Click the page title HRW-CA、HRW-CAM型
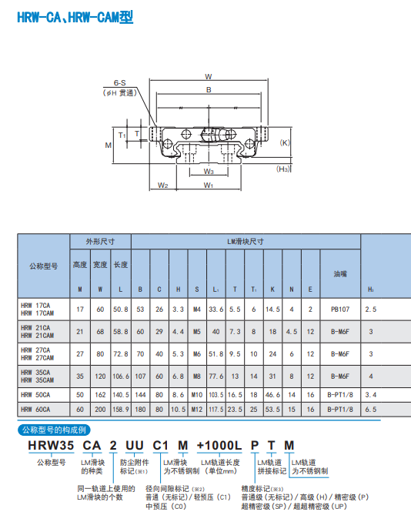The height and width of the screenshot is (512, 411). coord(75,17)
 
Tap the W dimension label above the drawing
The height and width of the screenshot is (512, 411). coord(209,77)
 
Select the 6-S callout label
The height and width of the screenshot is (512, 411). coord(119,83)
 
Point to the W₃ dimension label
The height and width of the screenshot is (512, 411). coord(209,172)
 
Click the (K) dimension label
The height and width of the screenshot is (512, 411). coord(285,142)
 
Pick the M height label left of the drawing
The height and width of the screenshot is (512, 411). coord(108,146)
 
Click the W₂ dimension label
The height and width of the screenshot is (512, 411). coord(162,186)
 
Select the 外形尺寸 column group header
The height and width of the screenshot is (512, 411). coord(100,242)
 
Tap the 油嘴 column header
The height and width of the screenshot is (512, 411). coord(340,273)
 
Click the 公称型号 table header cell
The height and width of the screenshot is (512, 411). coord(44,266)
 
